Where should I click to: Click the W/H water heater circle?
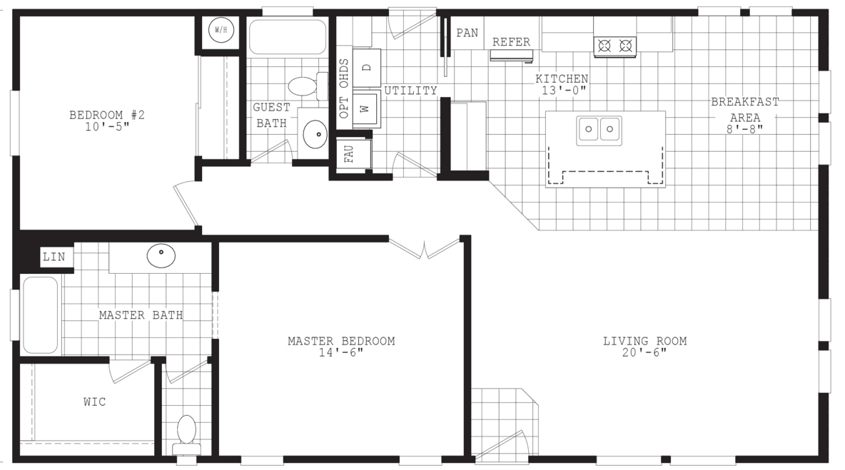pos(220,31)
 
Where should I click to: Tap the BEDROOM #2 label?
pos(107,115)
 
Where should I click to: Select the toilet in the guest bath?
pos(304,86)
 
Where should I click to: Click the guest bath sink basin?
pos(315,133)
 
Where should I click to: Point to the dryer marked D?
pos(367,68)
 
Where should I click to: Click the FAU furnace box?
pos(350,155)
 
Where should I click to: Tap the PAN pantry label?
pos(467,33)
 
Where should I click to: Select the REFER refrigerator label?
pos(511,42)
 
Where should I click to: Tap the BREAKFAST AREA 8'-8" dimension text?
pos(744,129)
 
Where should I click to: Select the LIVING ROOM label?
pos(644,341)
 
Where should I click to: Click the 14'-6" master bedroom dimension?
pos(341,353)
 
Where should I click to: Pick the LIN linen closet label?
pos(54,257)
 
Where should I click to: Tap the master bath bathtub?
pos(40,315)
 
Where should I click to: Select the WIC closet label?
pos(94,402)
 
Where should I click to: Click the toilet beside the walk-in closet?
pos(186,431)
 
